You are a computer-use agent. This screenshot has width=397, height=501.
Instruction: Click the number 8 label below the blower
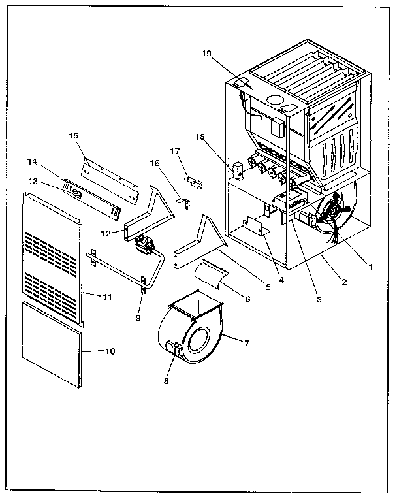tap(167, 380)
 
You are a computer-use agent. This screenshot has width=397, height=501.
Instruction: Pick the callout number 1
tap(370, 266)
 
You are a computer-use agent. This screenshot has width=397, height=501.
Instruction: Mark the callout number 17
tap(175, 151)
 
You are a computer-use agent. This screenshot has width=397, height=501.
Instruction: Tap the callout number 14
tap(32, 161)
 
